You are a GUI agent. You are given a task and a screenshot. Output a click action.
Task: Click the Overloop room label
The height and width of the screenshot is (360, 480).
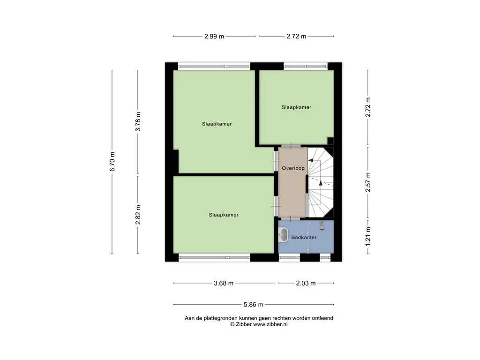(x=293, y=168)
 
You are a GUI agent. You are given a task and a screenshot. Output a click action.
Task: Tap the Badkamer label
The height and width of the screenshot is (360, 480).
(x=304, y=237)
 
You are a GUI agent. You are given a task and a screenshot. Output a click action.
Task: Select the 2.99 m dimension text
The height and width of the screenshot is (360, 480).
(x=214, y=36)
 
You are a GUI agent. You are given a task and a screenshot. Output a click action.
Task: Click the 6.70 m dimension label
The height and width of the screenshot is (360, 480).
(x=112, y=162)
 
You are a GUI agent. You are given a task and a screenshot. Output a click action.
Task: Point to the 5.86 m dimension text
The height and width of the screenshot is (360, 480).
(x=254, y=305)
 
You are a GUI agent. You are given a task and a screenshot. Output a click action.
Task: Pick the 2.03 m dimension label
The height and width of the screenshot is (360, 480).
(x=306, y=283)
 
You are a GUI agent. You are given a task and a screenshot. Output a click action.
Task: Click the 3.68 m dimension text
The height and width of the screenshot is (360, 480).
(x=224, y=283)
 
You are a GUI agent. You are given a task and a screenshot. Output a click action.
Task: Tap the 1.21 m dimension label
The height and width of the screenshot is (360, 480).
(x=368, y=236)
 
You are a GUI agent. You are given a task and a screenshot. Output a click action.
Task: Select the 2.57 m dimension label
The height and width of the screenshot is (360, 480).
(x=368, y=182)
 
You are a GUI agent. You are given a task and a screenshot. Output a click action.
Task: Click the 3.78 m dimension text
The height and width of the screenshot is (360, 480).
(x=138, y=121)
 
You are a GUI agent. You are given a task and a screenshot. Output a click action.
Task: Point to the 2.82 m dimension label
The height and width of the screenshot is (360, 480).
(x=138, y=215)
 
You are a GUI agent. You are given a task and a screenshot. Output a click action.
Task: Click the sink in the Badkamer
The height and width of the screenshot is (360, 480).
(x=284, y=235)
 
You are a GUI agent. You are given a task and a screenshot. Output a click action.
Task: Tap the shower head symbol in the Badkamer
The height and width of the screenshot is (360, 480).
(x=322, y=226)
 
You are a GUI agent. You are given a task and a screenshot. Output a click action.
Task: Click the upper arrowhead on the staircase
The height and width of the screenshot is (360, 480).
(x=310, y=160)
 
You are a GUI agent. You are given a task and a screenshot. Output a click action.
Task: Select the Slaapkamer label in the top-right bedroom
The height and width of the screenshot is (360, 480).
(x=296, y=107)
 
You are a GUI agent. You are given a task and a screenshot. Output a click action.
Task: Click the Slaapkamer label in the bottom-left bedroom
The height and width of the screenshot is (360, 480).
(x=224, y=215)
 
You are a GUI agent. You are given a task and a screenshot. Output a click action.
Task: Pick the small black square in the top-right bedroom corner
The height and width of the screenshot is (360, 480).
(x=330, y=141)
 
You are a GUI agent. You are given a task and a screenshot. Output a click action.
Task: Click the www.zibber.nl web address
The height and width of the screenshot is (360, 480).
(x=270, y=324)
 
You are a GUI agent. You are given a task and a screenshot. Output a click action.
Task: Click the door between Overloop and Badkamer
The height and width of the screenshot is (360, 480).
(x=291, y=218)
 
